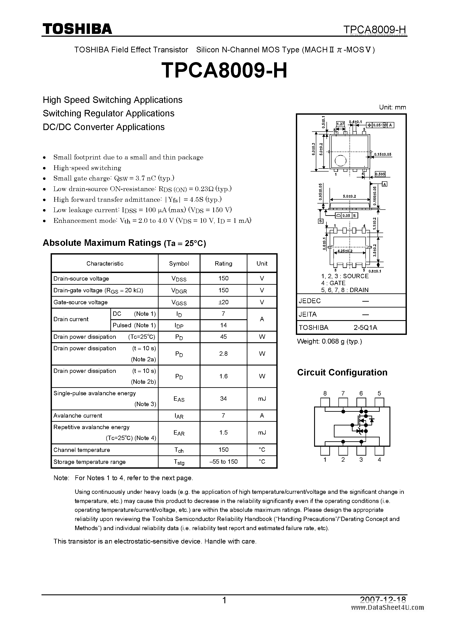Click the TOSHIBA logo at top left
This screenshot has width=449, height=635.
click(x=77, y=29)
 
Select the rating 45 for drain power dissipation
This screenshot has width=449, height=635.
click(x=223, y=337)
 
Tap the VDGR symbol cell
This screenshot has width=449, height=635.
click(x=179, y=290)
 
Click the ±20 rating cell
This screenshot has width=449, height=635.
click(x=223, y=302)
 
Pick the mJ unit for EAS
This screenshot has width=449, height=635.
click(x=262, y=399)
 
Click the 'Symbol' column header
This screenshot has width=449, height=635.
click(x=179, y=263)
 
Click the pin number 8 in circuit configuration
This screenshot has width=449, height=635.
click(x=325, y=393)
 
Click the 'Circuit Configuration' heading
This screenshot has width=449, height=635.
click(x=342, y=372)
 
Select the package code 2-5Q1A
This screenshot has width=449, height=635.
click(x=365, y=327)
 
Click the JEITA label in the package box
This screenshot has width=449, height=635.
click(x=308, y=314)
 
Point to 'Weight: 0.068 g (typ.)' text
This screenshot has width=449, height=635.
click(x=329, y=341)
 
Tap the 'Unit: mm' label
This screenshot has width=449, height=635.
click(x=392, y=107)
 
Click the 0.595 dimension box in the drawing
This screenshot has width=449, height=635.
click(x=380, y=174)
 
